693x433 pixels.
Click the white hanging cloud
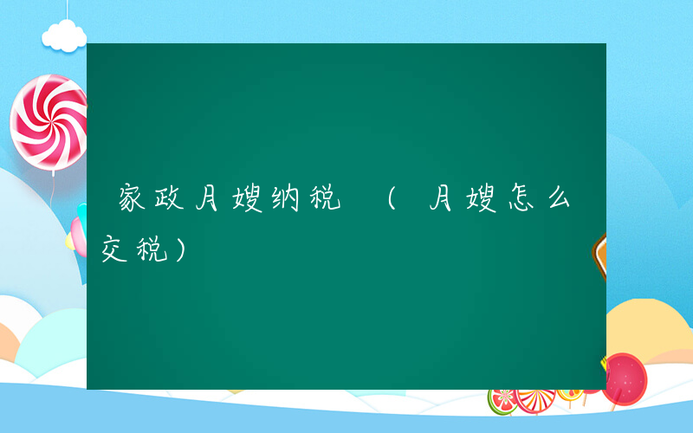[64, 36]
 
